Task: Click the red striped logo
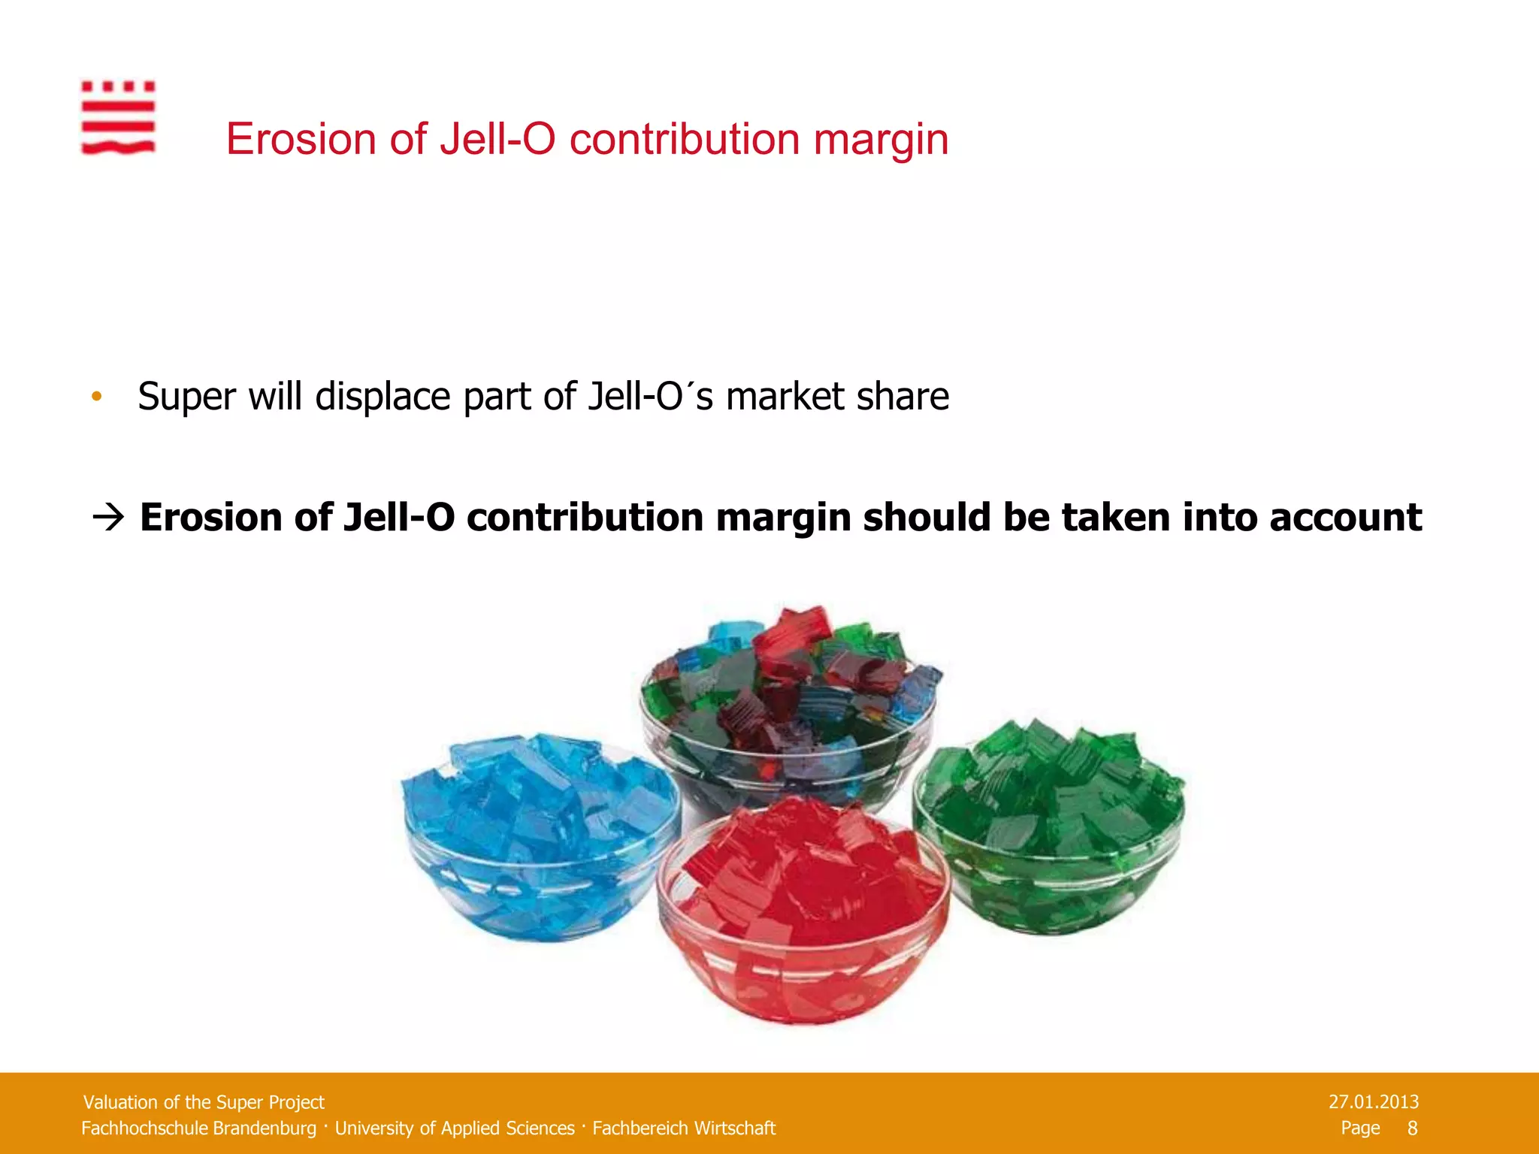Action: (118, 118)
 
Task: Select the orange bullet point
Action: (96, 397)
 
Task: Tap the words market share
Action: (837, 397)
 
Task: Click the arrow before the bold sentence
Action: (108, 518)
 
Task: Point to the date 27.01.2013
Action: (1373, 1102)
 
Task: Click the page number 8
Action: (1412, 1128)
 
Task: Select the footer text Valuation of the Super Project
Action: (204, 1102)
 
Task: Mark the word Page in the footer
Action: (1360, 1128)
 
